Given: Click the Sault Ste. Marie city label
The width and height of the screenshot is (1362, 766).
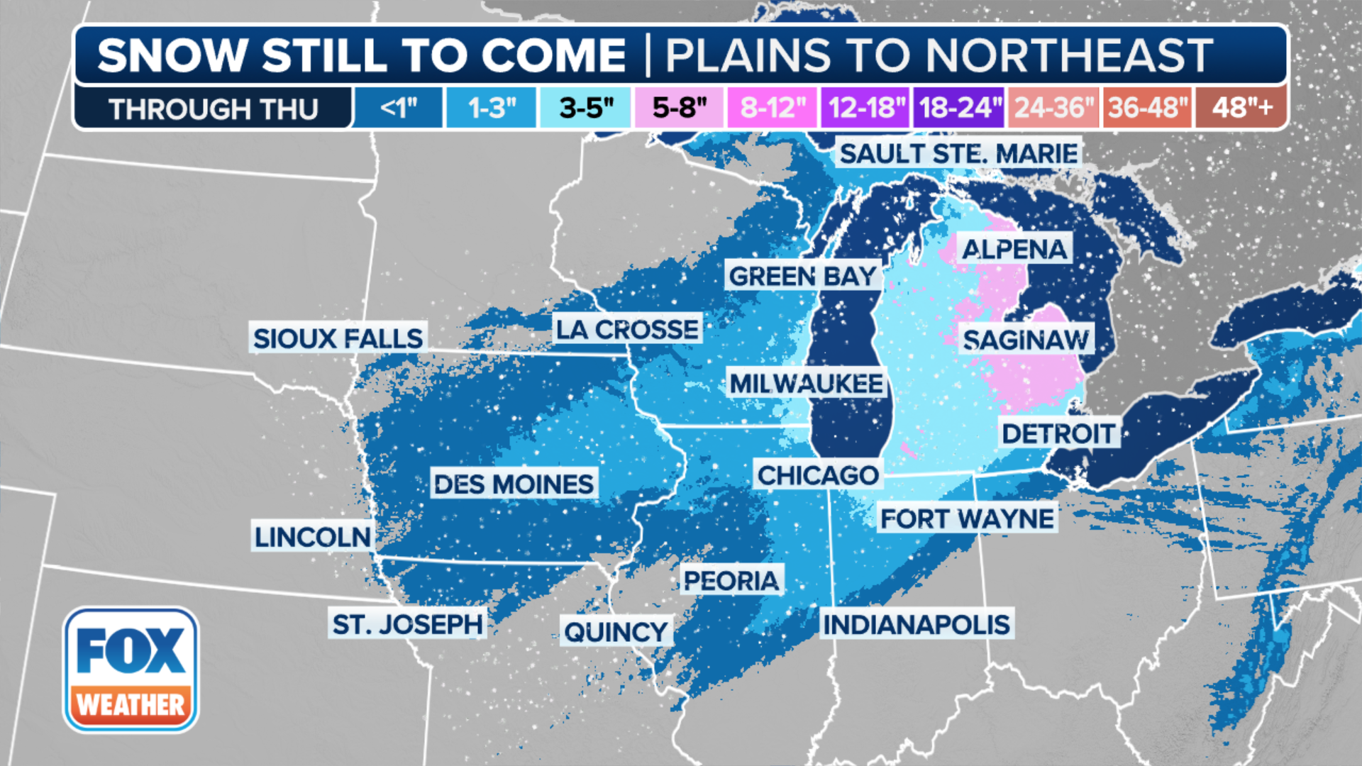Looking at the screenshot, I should point(958,153).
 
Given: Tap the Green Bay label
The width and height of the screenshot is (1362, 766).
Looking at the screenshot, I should point(802,276).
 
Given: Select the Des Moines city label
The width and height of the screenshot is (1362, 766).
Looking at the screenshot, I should point(514,484).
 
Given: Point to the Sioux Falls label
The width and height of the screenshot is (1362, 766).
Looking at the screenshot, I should point(338,338).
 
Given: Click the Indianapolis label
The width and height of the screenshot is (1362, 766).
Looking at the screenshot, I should point(916,625).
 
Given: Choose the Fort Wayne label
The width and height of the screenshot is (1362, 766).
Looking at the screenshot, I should point(967,518).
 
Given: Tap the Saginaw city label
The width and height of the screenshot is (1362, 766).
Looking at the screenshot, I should point(1025,340).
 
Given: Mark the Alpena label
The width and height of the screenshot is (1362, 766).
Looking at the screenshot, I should point(1014,249).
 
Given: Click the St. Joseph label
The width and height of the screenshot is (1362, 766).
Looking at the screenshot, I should point(407,625).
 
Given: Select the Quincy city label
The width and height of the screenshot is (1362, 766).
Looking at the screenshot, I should point(616,631).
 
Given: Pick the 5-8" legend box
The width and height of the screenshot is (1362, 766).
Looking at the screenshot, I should point(679,108).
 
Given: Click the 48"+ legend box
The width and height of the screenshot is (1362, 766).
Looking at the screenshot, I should point(1241,108).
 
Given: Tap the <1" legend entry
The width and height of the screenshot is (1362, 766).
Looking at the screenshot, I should point(398,108).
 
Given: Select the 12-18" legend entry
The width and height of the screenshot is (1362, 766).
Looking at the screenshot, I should point(866,108).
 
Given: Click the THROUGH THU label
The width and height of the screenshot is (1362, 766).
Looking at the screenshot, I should point(213,109).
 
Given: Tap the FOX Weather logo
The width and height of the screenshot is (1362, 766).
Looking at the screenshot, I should point(131,670).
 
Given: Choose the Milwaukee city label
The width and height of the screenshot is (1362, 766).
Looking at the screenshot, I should point(807,384).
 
